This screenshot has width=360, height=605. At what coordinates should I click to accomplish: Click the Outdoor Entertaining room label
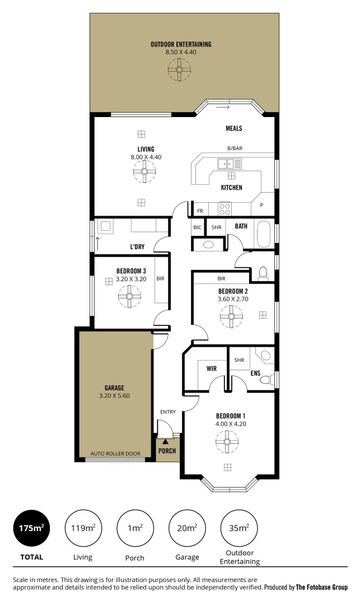point(181,44)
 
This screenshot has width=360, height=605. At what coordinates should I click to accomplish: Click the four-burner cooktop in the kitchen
point(225,209)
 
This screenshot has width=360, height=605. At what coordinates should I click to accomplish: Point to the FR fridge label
point(200,211)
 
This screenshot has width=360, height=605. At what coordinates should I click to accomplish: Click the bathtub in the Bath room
point(263,234)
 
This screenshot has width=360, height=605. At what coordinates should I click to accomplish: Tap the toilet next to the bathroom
point(263,273)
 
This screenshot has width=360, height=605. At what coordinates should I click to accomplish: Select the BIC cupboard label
point(197,227)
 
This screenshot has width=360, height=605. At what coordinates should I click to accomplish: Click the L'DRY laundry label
point(138,247)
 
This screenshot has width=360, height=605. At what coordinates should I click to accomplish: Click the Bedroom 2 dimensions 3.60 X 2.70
point(233,299)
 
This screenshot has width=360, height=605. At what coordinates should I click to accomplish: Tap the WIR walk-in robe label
point(212,369)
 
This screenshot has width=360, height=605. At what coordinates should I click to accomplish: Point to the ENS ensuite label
point(255,373)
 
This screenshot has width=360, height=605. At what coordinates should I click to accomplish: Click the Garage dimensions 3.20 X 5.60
point(114,395)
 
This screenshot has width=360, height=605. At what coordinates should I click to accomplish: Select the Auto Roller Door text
point(115,453)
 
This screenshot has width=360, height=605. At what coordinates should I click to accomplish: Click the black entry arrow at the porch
point(165,442)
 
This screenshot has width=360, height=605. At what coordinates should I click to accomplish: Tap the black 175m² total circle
point(31,528)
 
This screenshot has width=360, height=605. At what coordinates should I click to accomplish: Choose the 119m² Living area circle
point(83,528)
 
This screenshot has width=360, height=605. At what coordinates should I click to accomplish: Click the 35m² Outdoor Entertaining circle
point(239,528)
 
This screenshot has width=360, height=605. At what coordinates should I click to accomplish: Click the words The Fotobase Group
point(322,588)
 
